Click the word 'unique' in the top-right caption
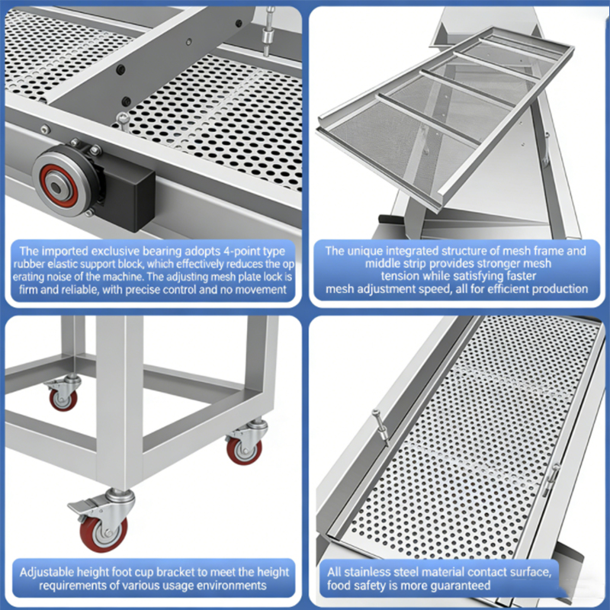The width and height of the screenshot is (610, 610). click(x=363, y=251)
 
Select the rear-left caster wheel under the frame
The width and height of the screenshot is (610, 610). click(x=63, y=399)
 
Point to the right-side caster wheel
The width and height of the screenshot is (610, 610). click(x=244, y=450)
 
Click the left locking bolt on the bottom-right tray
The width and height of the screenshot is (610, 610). click(x=381, y=427)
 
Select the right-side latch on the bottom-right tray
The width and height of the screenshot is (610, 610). click(x=551, y=480)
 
